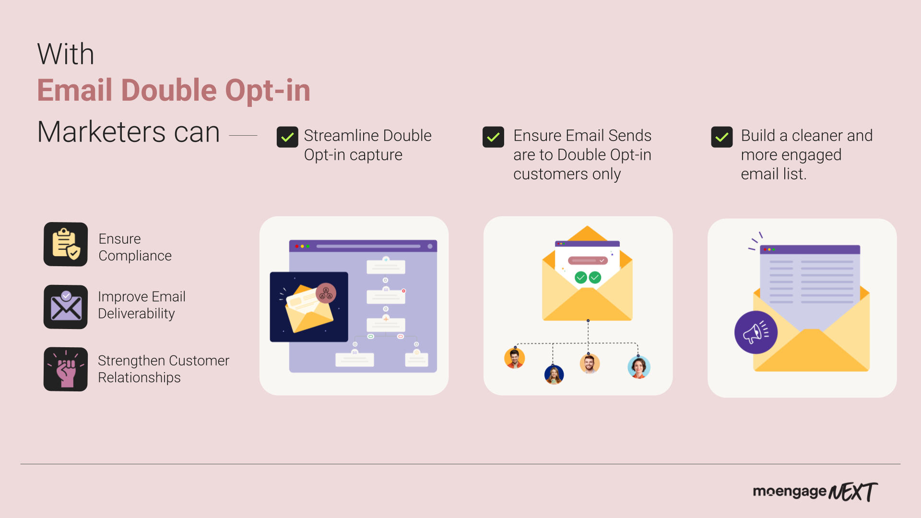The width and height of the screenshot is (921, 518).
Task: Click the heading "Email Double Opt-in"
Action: pos(174,90)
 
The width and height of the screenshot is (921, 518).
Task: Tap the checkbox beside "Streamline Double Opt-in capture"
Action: pos(287,137)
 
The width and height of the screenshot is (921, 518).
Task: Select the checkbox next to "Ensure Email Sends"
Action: pos(493,137)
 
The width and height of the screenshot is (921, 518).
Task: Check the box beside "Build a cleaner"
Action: pos(722,137)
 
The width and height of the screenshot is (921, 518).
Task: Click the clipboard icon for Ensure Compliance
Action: pos(66,244)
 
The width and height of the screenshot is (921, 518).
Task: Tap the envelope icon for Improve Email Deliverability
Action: pos(66,307)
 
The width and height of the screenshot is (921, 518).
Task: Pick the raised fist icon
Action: pos(66,369)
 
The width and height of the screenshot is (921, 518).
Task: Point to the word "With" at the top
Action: pos(66,54)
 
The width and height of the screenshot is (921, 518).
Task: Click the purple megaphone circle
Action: pos(756,332)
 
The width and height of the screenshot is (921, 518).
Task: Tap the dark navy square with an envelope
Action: pos(309,307)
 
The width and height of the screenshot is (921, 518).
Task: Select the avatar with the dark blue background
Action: pos(554,375)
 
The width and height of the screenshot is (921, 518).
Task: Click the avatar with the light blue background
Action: pos(639,367)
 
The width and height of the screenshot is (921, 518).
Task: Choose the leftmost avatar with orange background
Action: pos(515,358)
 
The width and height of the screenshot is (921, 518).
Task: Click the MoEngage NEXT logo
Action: pos(815,492)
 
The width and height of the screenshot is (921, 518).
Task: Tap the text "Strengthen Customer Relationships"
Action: pos(164,369)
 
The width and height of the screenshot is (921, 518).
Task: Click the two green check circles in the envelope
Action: pos(588,277)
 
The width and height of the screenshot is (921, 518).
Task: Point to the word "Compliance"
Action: pos(135,256)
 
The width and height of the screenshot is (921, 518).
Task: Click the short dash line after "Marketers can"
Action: pos(243,136)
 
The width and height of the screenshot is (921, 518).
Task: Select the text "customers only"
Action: pos(567,174)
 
